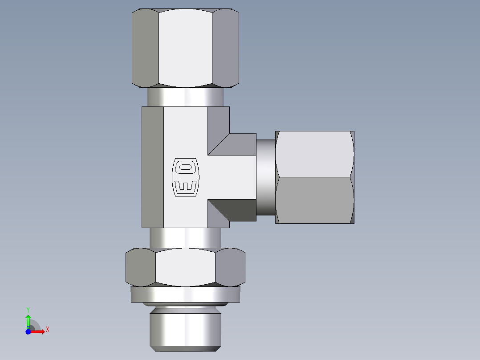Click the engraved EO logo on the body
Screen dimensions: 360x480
[184, 177]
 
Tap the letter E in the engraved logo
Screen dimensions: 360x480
[184, 187]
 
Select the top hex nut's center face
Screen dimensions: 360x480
[185, 48]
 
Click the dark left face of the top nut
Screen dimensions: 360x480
[145, 48]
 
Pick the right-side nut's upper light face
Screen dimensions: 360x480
[314, 154]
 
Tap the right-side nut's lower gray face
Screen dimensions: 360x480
[314, 200]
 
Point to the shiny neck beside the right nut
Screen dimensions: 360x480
[265, 177]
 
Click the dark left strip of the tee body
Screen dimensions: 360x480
[153, 168]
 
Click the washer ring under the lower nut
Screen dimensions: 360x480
[185, 295]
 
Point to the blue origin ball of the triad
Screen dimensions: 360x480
[28, 332]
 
